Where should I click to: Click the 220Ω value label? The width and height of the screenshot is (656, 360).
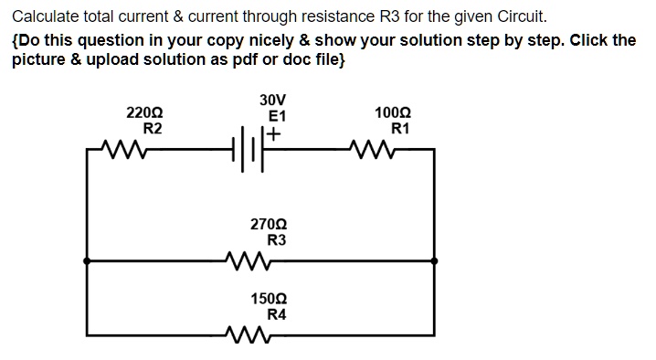tap(144, 113)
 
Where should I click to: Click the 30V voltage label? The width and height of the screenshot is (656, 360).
tap(271, 100)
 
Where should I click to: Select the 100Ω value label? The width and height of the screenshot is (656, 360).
tap(393, 113)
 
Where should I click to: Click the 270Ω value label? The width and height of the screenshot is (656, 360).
tap(268, 224)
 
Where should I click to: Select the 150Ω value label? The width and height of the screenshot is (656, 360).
tap(268, 299)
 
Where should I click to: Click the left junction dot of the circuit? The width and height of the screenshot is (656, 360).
tap(87, 260)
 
